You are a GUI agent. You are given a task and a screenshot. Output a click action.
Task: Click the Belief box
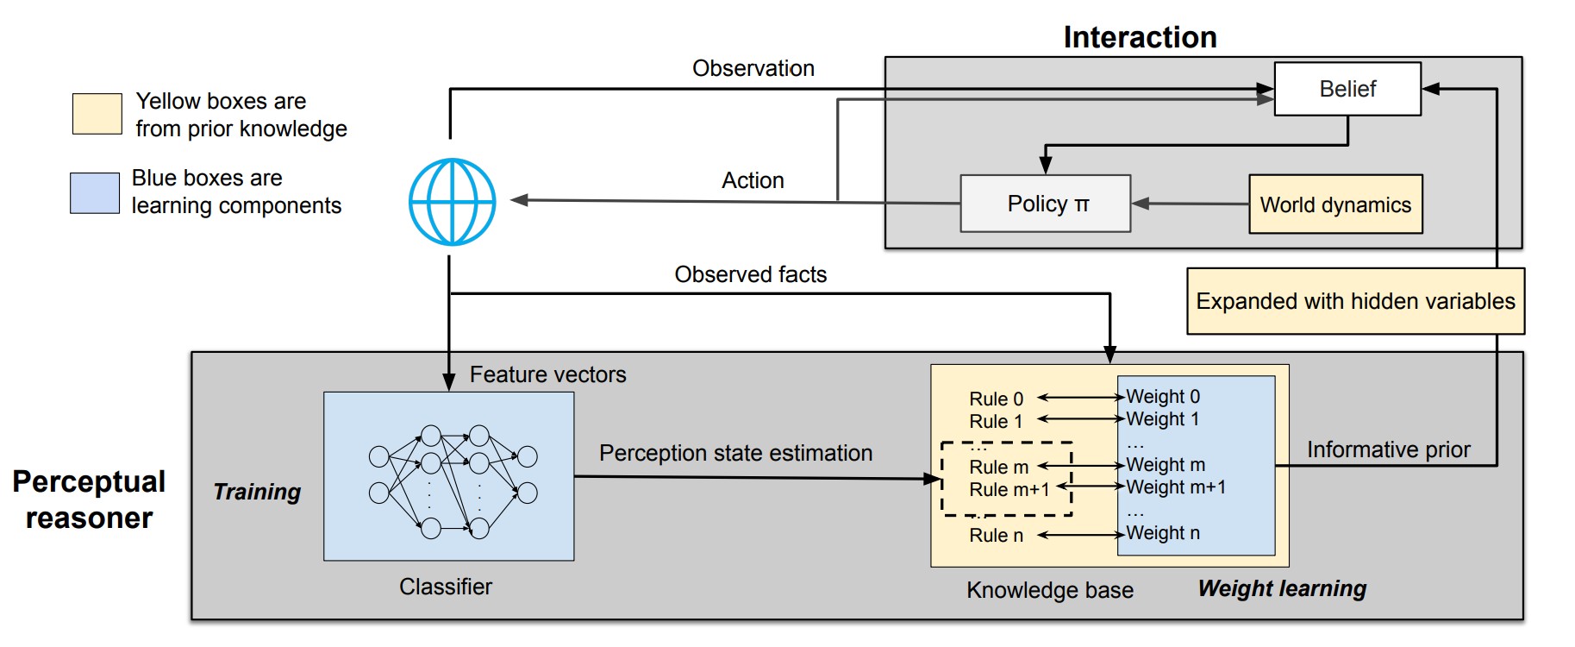1347,89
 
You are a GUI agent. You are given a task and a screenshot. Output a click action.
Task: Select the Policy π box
1045,204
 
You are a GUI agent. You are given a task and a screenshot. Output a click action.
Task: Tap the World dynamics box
1334,204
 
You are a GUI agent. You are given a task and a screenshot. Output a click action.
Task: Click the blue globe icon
452,202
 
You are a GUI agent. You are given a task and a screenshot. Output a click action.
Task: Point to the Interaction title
1140,37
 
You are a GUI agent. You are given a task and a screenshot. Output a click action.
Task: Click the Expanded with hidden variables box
1354,301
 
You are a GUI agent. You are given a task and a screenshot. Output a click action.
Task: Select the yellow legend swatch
97,114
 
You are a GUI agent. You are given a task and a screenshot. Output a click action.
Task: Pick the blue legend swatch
95,192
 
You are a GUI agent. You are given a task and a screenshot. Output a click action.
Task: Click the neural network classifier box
448,476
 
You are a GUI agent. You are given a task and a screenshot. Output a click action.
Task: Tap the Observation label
753,68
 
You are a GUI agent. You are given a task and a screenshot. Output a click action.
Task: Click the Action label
753,180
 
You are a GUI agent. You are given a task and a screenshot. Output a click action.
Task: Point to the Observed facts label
750,274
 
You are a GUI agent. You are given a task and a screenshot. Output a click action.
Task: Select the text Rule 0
996,399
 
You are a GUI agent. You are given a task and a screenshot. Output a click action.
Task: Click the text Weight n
1162,533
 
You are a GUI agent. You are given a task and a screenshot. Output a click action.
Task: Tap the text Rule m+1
1009,490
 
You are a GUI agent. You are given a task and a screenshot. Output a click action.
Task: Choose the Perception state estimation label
735,453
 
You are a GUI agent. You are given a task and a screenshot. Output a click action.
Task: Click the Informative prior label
1388,449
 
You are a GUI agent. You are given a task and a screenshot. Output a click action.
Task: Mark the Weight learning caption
1282,588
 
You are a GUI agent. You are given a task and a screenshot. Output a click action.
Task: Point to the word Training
257,492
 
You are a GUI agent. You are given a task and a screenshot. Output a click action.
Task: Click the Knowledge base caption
1049,590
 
